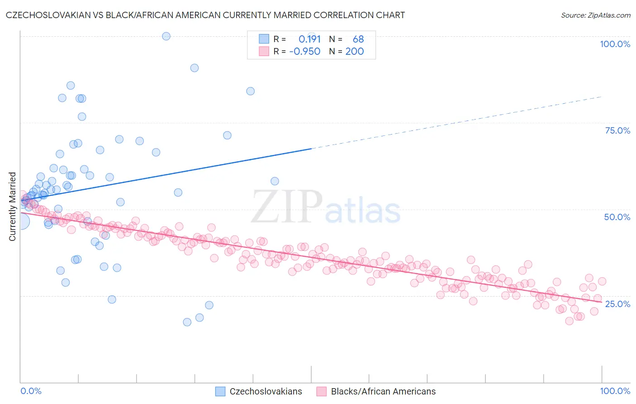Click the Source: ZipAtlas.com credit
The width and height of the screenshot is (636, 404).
(595, 15)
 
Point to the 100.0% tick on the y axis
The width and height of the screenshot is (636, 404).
(615, 44)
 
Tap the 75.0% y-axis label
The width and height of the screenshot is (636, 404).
(617, 130)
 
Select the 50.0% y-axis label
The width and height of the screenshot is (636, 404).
(617, 217)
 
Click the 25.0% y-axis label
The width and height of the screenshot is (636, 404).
(617, 303)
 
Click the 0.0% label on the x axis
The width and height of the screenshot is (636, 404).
(31, 391)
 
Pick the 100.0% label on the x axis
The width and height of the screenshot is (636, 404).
(615, 391)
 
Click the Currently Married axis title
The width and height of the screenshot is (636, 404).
(12, 207)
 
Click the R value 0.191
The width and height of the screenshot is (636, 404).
(309, 39)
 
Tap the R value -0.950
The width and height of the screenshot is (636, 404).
(305, 51)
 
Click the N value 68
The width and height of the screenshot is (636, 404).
(358, 39)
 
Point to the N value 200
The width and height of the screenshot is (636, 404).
(355, 51)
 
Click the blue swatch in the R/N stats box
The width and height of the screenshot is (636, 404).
(264, 39)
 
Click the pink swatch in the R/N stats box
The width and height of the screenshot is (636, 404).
(264, 51)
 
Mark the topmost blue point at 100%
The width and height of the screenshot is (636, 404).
(166, 36)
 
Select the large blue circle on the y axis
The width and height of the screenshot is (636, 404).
(21, 221)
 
